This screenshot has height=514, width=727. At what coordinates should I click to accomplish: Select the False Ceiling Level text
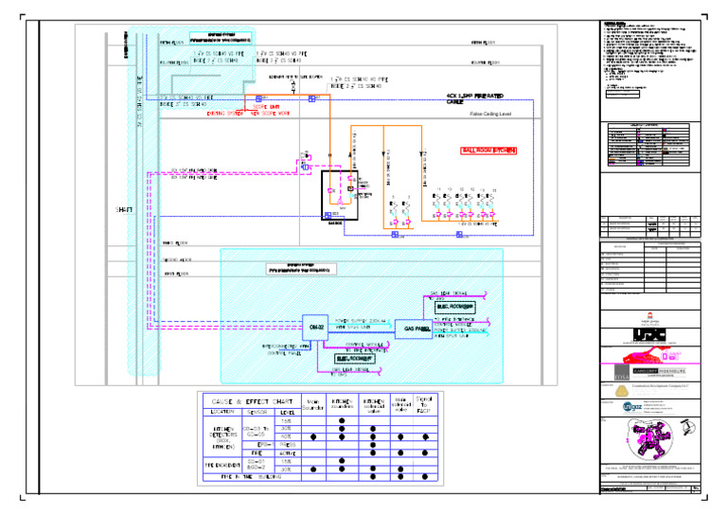pos(489,113)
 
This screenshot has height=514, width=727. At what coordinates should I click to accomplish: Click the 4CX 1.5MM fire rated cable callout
pos(474,97)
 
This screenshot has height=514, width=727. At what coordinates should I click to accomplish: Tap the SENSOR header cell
pos(256,412)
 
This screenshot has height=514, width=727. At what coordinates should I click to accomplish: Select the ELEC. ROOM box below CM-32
pos(354,359)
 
